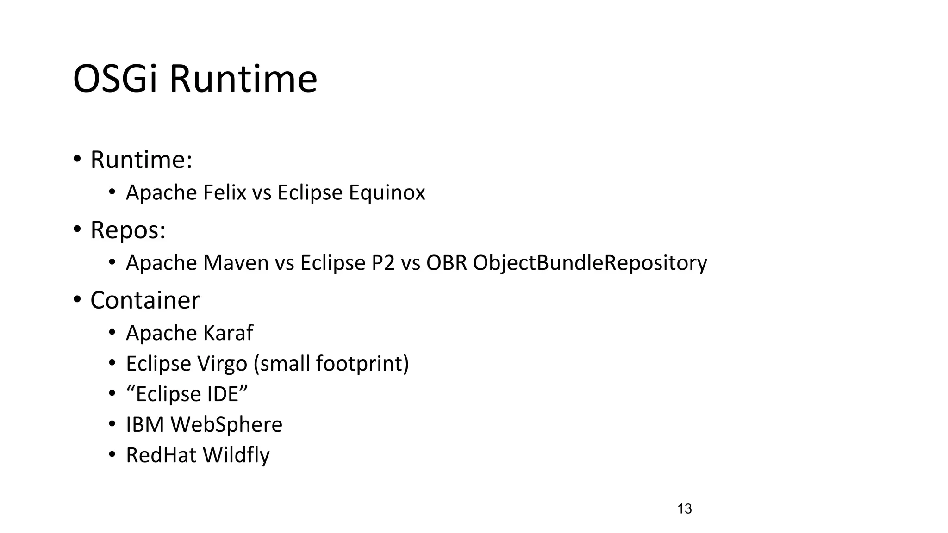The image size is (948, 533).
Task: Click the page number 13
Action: tap(684, 509)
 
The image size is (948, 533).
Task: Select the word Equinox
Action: tap(387, 192)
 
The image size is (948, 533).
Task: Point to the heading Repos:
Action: tap(128, 230)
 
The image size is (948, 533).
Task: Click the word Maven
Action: tap(236, 263)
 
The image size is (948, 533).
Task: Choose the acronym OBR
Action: tap(446, 263)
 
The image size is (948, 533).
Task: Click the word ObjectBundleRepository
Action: tap(590, 263)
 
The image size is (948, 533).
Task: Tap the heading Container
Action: tap(145, 300)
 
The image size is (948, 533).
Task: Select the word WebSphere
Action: tap(226, 425)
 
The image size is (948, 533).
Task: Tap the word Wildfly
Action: tap(236, 455)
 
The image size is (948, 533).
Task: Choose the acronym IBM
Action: tap(145, 425)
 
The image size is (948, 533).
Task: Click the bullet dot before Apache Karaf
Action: tap(112, 332)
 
